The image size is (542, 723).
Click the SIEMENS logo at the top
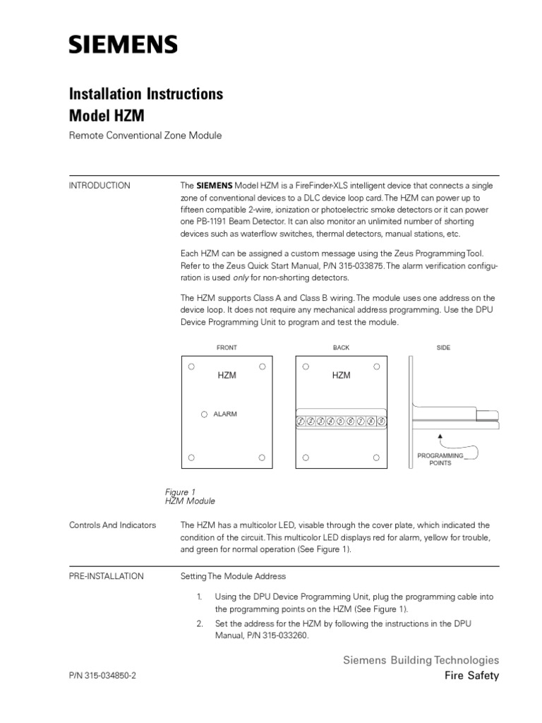[123, 46]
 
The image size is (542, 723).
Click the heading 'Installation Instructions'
[145, 94]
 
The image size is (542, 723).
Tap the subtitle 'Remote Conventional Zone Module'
[145, 136]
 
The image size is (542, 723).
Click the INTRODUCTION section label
[100, 186]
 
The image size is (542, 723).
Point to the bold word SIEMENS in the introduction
[212, 186]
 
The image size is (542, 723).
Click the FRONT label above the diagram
[227, 347]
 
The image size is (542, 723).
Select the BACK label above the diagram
[341, 347]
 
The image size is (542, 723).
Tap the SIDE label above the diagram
[443, 347]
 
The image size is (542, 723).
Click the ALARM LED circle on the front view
[205, 414]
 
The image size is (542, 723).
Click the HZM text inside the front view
[227, 376]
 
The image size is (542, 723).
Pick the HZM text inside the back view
[341, 376]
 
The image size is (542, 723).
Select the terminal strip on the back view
[341, 422]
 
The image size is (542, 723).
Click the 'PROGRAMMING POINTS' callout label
[440, 460]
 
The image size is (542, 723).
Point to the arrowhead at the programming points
[440, 437]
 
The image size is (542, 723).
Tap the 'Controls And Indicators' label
[112, 525]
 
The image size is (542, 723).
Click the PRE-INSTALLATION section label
[106, 576]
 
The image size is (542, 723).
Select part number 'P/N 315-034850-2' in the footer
[102, 676]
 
